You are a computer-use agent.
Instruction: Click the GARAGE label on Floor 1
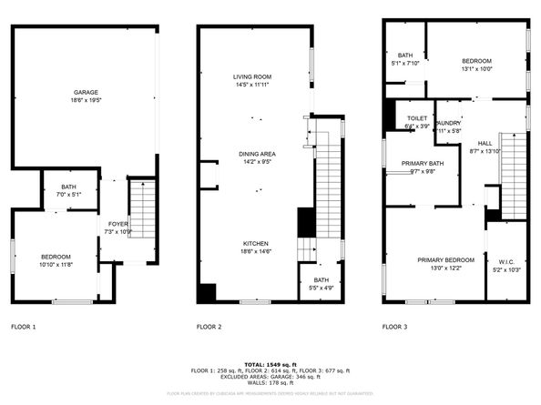click(x=87, y=93)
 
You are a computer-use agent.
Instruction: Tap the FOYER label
click(x=118, y=223)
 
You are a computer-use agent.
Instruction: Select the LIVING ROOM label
click(x=253, y=76)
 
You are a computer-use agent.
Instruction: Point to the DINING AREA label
click(x=257, y=154)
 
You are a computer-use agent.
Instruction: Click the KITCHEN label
click(x=254, y=243)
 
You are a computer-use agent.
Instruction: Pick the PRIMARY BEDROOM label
click(x=446, y=259)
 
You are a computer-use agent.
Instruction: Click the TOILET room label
click(x=417, y=118)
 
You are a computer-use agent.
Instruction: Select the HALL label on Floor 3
click(x=485, y=143)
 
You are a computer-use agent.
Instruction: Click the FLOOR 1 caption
click(x=24, y=326)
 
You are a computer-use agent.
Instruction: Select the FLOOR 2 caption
click(x=209, y=326)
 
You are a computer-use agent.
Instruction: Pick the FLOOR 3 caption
click(x=394, y=326)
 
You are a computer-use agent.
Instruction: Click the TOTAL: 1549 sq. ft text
click(x=271, y=364)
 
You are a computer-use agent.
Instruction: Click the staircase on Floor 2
click(x=327, y=191)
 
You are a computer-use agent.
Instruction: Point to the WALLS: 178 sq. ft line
click(x=271, y=384)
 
